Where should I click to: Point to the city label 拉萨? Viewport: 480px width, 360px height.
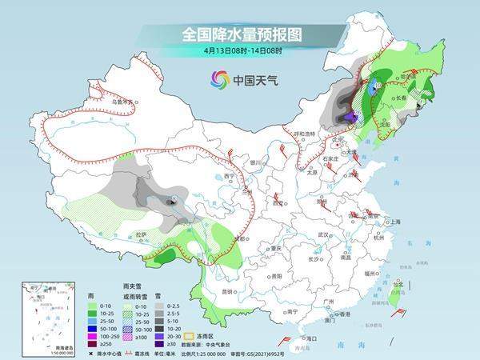[x=142, y=234]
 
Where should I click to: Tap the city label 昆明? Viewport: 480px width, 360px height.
[x=229, y=291]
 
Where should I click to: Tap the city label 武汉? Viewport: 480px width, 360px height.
[x=323, y=234]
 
